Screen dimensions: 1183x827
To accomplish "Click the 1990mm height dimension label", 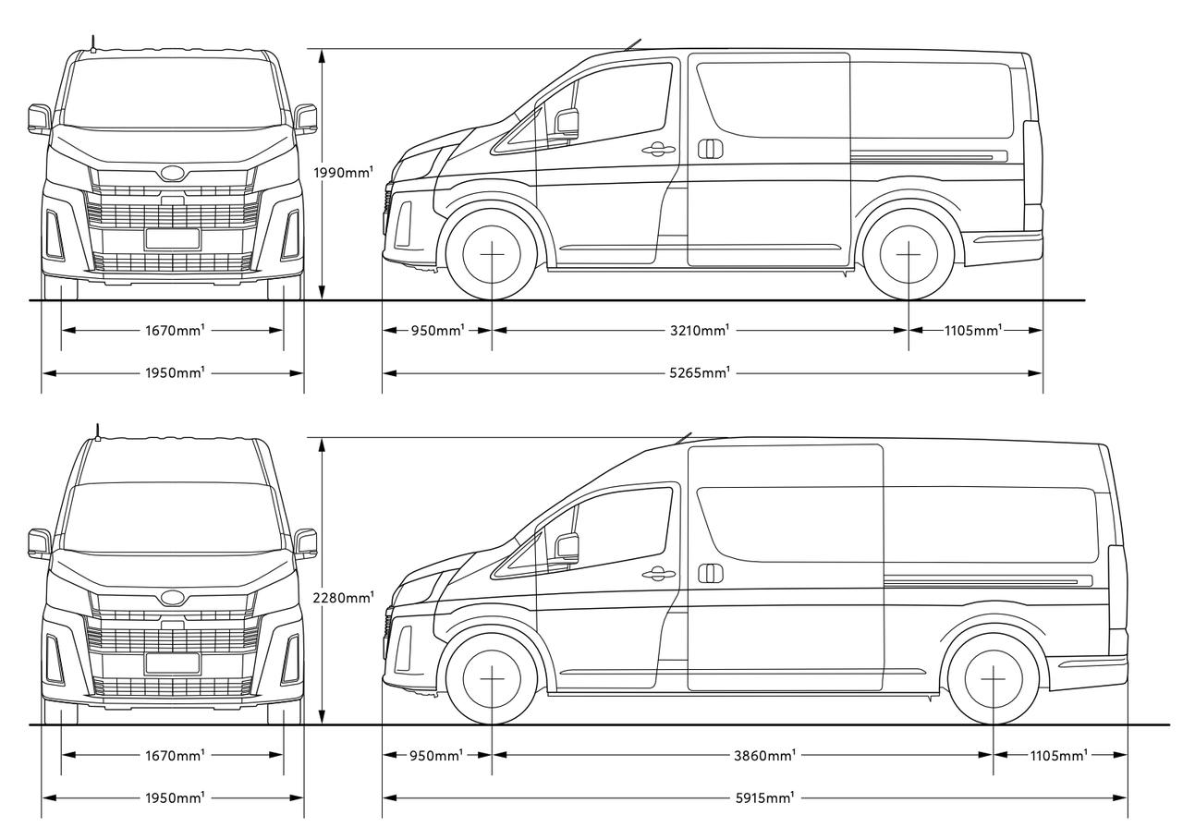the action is [343, 172].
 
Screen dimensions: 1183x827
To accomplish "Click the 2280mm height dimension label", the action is [343, 597].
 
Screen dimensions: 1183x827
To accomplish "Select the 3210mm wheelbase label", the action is [700, 330].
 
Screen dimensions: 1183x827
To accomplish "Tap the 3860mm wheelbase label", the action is [764, 755].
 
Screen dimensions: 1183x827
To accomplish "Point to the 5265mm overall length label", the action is [700, 372].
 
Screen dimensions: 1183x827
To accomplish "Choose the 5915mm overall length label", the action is [765, 797].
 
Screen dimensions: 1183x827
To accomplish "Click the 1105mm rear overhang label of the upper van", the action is [973, 330].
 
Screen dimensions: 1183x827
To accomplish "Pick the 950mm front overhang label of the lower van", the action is [437, 755].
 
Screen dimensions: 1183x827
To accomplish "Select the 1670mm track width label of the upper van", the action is [175, 330].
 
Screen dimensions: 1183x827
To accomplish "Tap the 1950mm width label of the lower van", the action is [175, 797].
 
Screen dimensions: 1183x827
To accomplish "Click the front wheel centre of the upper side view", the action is [492, 254].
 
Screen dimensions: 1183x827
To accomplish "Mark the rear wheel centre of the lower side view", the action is [993, 678].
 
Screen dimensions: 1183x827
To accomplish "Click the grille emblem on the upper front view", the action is [172, 172].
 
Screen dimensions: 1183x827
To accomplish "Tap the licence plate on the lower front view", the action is [172, 663].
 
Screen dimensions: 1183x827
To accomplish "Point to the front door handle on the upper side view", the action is [658, 150].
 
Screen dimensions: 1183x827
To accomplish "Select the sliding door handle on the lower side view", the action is [711, 574].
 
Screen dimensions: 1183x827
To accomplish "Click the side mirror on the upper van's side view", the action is [567, 123].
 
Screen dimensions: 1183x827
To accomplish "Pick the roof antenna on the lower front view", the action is [98, 432].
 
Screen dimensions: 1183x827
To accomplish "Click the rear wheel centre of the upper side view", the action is [909, 254].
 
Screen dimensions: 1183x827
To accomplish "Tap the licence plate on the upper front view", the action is [172, 238].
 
